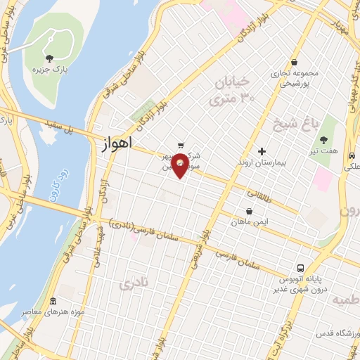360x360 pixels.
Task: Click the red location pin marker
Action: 181,165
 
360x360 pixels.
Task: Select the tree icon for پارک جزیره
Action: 49,58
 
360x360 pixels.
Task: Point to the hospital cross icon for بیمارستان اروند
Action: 262,151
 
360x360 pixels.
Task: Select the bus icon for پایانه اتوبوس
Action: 301,268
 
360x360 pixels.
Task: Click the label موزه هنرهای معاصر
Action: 78,311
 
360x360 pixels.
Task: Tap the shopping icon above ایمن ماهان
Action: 250,210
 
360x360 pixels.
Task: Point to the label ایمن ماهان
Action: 250,221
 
